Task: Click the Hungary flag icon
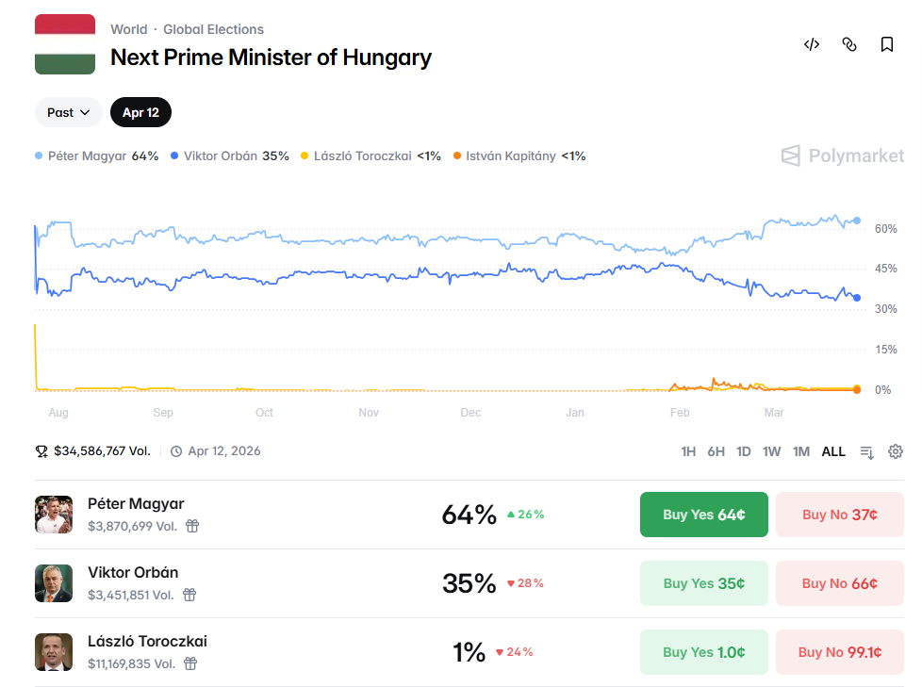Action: tap(65, 44)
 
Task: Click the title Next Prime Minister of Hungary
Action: tap(271, 57)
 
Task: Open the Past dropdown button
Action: tap(69, 112)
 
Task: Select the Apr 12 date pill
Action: tap(140, 112)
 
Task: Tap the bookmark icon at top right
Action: tap(886, 44)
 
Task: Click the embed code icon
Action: tap(811, 44)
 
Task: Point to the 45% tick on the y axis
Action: tap(885, 269)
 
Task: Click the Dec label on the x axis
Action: tap(470, 413)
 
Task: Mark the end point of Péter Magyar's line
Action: tap(856, 221)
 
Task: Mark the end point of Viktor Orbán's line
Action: tap(856, 298)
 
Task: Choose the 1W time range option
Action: tap(771, 451)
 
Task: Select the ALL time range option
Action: tap(833, 451)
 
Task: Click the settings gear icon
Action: tap(896, 451)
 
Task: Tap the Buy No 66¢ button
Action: tap(839, 583)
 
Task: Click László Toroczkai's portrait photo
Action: tap(54, 652)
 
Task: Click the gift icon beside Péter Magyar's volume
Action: tap(191, 526)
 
